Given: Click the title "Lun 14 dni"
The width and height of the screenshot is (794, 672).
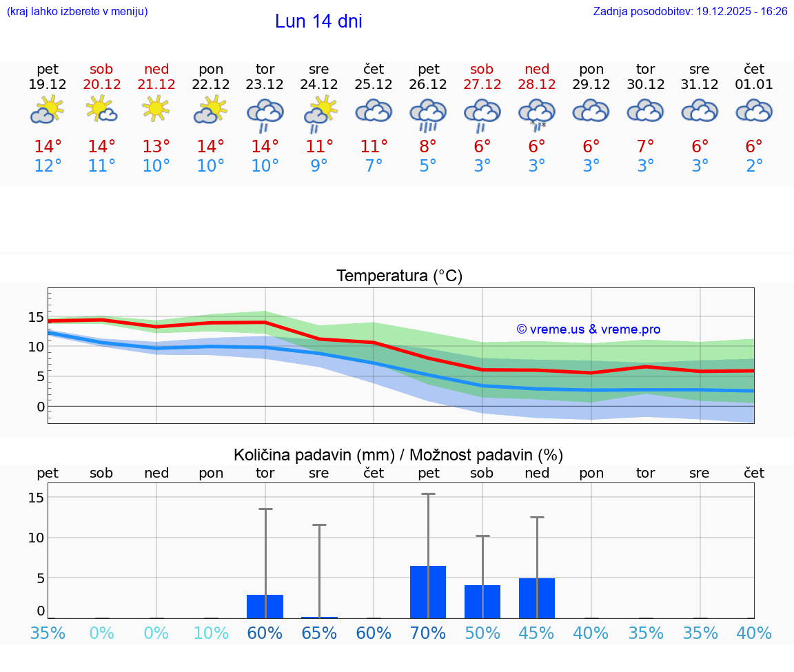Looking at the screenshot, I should click(x=318, y=21).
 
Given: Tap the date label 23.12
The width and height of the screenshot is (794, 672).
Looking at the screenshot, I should click(x=265, y=84).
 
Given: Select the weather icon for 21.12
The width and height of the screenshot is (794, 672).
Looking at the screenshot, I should click(x=156, y=109).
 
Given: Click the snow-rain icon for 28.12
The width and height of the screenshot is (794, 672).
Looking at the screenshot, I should click(x=537, y=113).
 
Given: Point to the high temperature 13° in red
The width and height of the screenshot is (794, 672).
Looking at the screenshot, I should click(x=156, y=147).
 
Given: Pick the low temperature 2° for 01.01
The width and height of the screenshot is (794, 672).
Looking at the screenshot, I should click(x=754, y=166).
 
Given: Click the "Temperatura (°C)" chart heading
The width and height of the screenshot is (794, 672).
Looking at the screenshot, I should click(x=399, y=276).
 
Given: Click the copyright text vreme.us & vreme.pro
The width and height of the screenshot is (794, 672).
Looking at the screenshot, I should click(x=588, y=329).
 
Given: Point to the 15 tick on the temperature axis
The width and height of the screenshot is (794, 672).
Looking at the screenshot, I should click(x=36, y=317).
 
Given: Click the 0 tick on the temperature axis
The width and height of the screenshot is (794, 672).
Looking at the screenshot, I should click(x=41, y=407).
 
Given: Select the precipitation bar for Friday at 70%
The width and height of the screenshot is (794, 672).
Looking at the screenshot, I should click(x=428, y=592).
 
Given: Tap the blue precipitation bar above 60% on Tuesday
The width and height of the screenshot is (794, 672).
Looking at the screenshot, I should click(x=265, y=607).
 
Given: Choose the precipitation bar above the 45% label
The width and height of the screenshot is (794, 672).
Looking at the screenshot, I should click(x=537, y=598).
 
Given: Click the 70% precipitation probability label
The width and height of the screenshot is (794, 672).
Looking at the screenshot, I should click(x=428, y=633).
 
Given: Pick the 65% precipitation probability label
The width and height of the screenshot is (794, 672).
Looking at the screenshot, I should click(x=319, y=633).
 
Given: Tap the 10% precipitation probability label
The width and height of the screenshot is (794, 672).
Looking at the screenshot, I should click(x=211, y=633).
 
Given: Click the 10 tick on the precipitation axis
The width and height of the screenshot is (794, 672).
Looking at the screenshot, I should click(x=36, y=538).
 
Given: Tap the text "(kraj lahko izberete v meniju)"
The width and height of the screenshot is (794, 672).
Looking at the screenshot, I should click(x=77, y=12).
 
